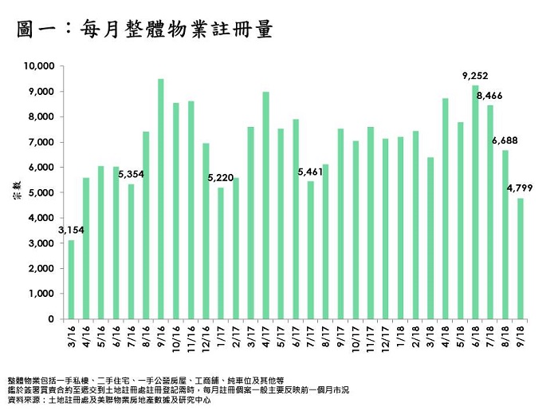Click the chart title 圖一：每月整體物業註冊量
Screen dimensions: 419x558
[x=144, y=30]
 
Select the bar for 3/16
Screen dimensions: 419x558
[x=71, y=279]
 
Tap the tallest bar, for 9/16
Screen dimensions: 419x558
[x=161, y=200]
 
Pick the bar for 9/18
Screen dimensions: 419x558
[x=521, y=259]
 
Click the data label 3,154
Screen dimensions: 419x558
[x=71, y=230]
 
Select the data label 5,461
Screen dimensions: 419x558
[x=310, y=172]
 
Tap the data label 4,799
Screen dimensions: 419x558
[x=520, y=188]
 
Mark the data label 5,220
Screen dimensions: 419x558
[x=220, y=177]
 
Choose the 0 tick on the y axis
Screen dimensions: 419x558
[x=50, y=319]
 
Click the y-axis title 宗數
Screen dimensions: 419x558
[x=18, y=194]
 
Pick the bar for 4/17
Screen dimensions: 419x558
[x=265, y=206]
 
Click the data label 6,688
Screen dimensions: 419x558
[x=505, y=140]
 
